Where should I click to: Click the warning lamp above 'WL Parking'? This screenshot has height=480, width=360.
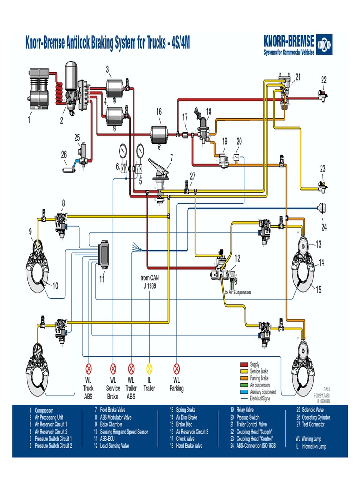click(x=177, y=368)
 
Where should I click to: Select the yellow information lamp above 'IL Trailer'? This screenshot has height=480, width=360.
click(x=150, y=368)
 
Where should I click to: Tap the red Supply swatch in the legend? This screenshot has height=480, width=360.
click(x=244, y=364)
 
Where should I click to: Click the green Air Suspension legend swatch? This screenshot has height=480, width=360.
click(x=244, y=385)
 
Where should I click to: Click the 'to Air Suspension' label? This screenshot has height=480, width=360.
click(x=238, y=292)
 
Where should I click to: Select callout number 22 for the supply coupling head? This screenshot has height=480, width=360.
click(x=324, y=81)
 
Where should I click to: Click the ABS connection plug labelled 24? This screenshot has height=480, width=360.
click(x=322, y=209)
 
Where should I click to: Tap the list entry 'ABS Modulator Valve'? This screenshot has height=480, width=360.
click(x=116, y=417)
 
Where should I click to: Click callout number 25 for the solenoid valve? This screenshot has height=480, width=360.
click(x=77, y=137)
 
